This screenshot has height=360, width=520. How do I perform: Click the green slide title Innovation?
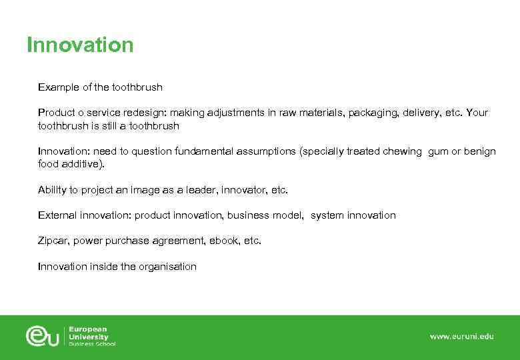click(x=80, y=45)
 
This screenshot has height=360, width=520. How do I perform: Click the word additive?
click(x=83, y=163)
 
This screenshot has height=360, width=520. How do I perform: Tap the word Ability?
click(x=51, y=190)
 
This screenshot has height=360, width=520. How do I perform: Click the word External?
click(x=57, y=215)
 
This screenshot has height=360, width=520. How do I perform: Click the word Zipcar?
click(x=53, y=241)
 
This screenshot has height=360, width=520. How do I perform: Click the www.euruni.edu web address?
click(x=461, y=337)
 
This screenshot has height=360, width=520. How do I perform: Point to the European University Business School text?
click(x=92, y=336)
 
